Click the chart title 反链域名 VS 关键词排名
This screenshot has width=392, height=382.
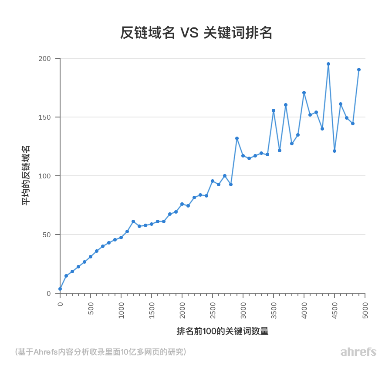point(196,33)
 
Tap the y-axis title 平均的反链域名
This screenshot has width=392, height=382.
point(26,176)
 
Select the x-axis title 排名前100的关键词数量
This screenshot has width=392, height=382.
point(222,331)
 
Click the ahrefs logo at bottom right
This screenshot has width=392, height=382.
point(358,352)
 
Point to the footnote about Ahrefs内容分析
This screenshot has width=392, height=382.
point(101,352)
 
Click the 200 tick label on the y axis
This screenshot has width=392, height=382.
point(45,58)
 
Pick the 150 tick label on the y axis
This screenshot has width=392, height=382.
point(45,117)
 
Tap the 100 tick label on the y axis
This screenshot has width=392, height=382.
point(45,176)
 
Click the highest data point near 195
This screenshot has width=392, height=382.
point(328,64)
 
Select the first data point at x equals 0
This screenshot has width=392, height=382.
point(60,289)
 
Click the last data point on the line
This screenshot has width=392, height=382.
point(359,70)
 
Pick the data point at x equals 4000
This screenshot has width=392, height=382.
point(304,93)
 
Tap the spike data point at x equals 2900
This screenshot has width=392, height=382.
point(237,138)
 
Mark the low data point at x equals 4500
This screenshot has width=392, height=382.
point(335,151)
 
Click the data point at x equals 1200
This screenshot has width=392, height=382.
point(133,221)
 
